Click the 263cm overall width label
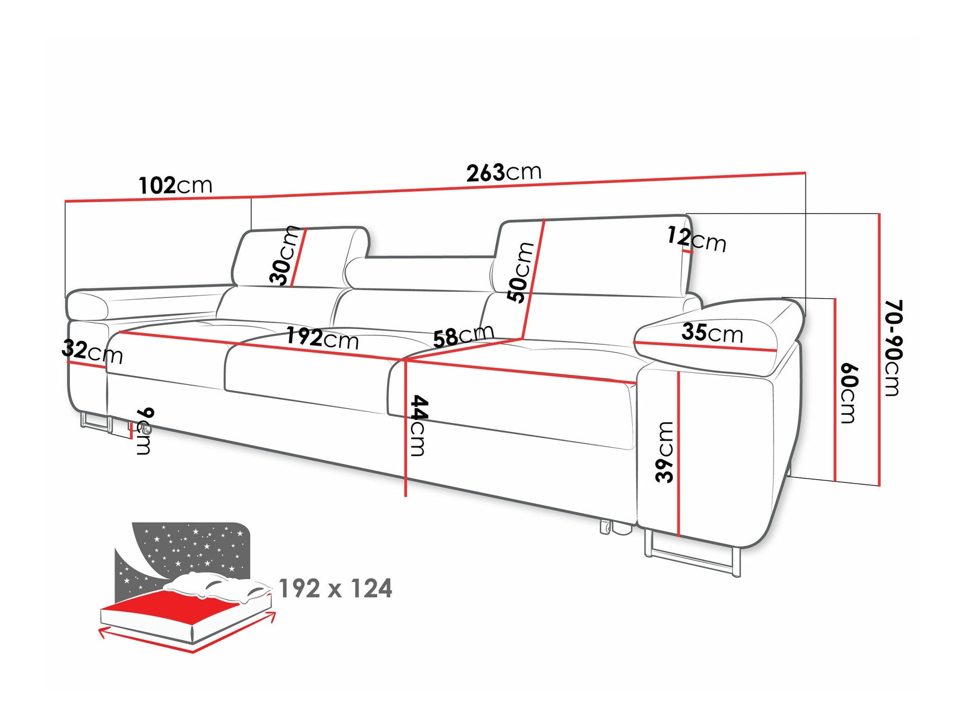(504, 172)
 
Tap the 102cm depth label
(175, 185)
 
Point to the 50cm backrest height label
(521, 272)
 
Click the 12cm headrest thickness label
(697, 239)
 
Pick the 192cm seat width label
(322, 338)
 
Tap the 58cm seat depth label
(463, 337)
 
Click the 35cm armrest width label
(712, 333)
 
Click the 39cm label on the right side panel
(665, 452)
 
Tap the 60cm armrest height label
(848, 392)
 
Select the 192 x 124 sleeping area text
(335, 589)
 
